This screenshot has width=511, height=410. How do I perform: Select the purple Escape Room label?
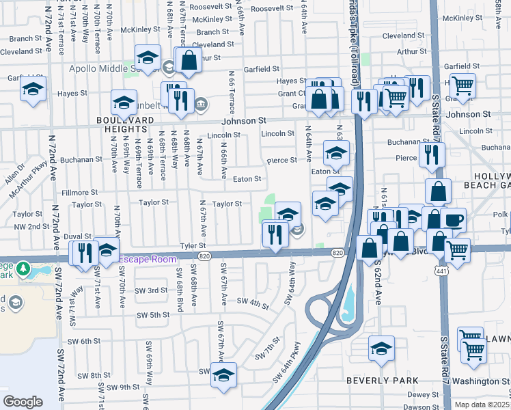click(148, 259)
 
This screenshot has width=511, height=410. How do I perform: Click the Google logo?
click(23, 401)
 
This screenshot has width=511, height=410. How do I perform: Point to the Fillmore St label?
click(81, 193)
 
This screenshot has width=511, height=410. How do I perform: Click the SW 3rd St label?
click(151, 290)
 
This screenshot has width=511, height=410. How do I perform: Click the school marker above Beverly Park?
click(381, 348)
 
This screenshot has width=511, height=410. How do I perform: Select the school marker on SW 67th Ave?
click(223, 375)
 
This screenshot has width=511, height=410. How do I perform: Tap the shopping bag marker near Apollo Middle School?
click(188, 60)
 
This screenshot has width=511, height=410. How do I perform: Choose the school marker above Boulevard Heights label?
click(123, 102)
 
